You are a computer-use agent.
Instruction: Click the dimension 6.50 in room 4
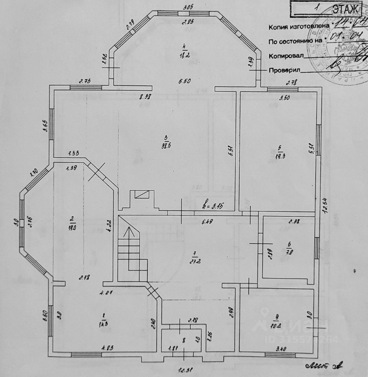(x=184, y=82)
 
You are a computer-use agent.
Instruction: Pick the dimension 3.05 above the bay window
(x=189, y=7)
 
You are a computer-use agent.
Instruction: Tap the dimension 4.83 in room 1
(x=107, y=347)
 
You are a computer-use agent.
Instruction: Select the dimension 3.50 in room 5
(x=284, y=98)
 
